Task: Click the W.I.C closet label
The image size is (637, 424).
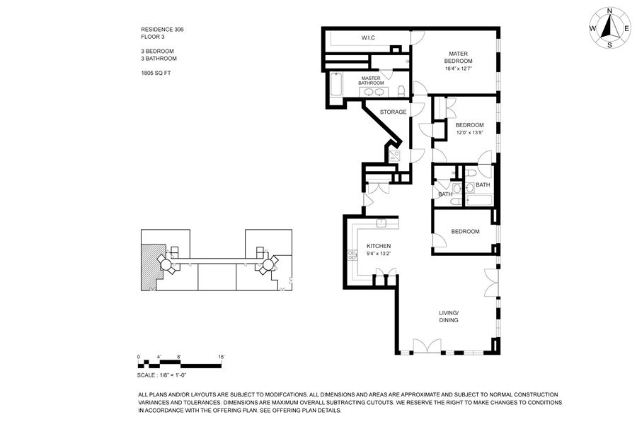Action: coord(367,37)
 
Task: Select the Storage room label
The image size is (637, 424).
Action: coord(393,112)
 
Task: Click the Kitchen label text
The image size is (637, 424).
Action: coord(379,246)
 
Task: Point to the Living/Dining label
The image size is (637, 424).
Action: coord(449,316)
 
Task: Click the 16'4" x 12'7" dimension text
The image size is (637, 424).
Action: coord(459,69)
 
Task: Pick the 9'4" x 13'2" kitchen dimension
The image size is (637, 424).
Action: coord(379,254)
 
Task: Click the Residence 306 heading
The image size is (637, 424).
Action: coord(162,30)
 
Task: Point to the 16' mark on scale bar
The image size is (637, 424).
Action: coord(222,357)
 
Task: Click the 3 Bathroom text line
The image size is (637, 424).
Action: coord(159,59)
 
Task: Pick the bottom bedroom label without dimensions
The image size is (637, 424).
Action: coord(465,231)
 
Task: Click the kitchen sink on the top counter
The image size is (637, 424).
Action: coord(381,223)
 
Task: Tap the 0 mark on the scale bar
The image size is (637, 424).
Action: coord(139,357)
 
